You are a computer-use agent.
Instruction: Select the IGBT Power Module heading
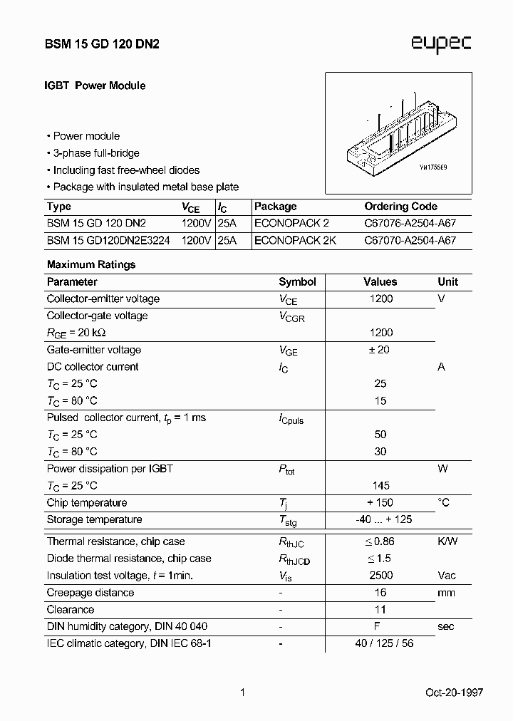pos(95,85)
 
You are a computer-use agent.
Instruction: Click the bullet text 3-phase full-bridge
pos(96,153)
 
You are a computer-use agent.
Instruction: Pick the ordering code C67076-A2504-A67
pos(410,223)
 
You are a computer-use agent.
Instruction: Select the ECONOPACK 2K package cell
pos(295,240)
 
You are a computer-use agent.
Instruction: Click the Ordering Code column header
pos(400,207)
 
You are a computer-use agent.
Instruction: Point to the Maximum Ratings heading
pos(90,264)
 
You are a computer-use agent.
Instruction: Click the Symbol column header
pos(297,282)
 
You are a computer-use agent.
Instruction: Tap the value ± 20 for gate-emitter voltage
pos(380,350)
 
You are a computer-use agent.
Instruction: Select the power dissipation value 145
pos(380,486)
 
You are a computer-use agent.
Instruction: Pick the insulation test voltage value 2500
pos(380,576)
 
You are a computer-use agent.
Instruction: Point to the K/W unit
pos(447,541)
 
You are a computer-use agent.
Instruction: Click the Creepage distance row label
pos(90,593)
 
